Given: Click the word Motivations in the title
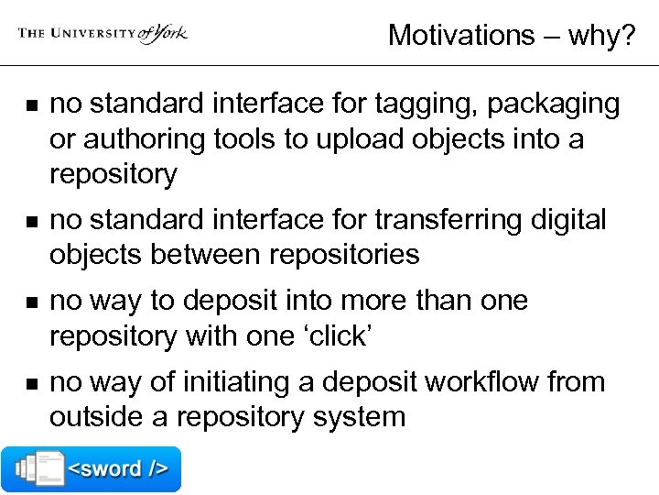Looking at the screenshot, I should tap(462, 35).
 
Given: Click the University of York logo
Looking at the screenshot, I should tap(103, 33).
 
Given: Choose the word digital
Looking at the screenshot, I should tap(567, 220).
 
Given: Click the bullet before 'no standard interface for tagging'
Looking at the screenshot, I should tap(23, 106).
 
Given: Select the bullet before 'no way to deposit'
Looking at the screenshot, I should tap(23, 302).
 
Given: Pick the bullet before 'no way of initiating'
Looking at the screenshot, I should tap(23, 383).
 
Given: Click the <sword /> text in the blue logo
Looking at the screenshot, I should tap(119, 469).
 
